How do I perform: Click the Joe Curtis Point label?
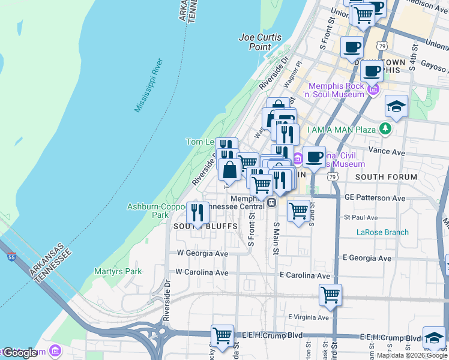260,41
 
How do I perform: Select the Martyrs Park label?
118,271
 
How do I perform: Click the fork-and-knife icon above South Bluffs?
197,212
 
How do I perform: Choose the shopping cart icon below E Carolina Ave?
330,295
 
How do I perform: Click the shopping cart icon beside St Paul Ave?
298,211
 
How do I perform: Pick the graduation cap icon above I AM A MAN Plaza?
396,106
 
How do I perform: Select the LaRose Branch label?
382,232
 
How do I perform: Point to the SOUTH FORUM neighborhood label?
386,177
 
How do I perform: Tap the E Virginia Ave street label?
309,317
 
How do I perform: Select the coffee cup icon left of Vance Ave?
314,157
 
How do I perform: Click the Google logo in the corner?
20,353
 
